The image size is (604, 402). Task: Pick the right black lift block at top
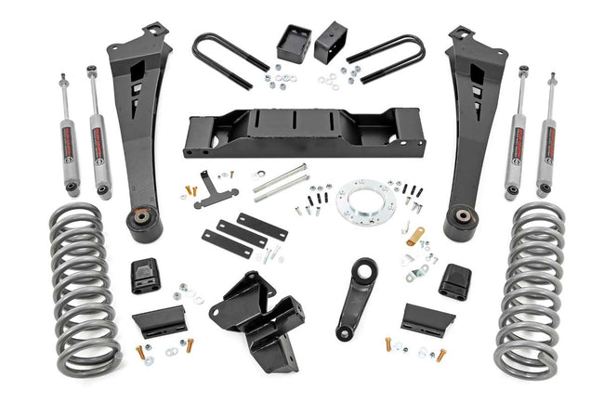point(331,44)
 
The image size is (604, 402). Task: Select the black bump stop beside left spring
point(145,274)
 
